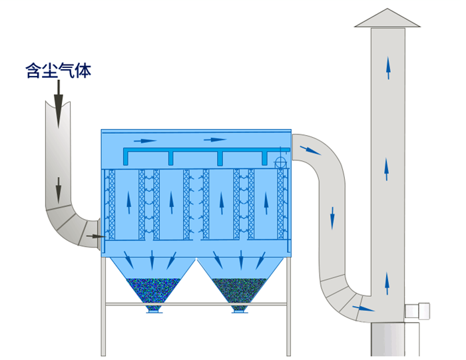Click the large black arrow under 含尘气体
pyautogui.click(x=58, y=103)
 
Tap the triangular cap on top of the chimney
pyautogui.click(x=387, y=19)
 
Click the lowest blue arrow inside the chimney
pyautogui.click(x=387, y=283)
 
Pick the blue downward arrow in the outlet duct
pyautogui.click(x=332, y=217)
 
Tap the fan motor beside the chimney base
pyautogui.click(x=418, y=311)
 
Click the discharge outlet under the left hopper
pyautogui.click(x=153, y=309)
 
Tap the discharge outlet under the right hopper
pyautogui.click(x=240, y=309)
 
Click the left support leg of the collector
pyautogui.click(x=103, y=306)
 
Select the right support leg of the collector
pyautogui.click(x=288, y=306)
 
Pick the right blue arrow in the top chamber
pyautogui.click(x=214, y=140)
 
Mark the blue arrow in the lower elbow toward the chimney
pyautogui.click(x=363, y=308)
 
